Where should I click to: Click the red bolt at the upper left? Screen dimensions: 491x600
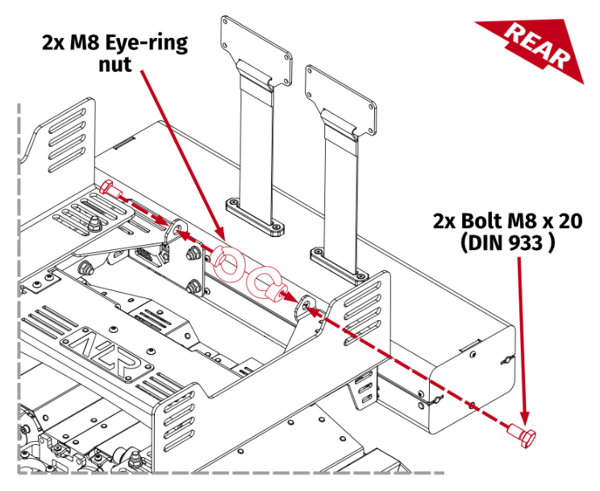(x=110, y=191)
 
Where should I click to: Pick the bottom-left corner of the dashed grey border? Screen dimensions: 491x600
(x=19, y=470)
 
